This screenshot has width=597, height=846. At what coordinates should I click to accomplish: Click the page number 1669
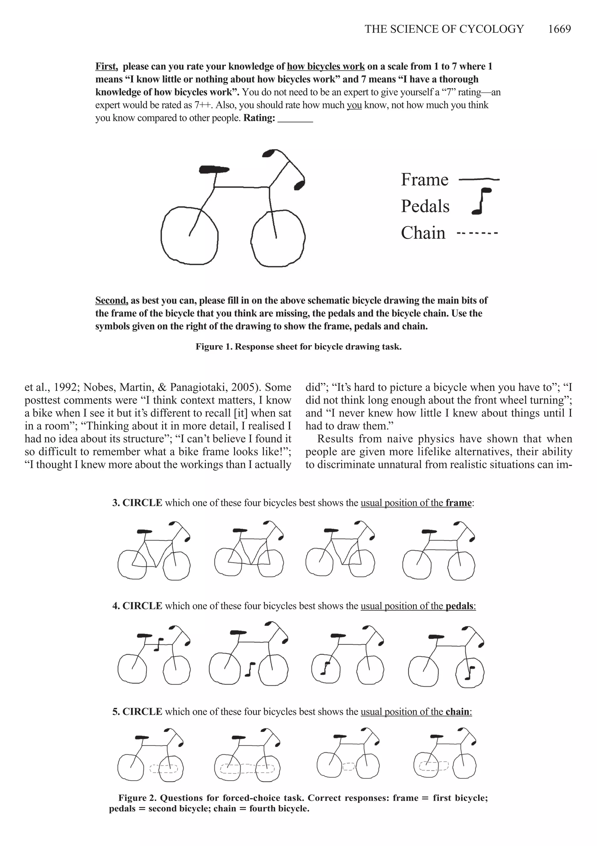click(559, 29)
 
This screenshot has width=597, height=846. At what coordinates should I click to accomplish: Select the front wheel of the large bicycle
click(279, 238)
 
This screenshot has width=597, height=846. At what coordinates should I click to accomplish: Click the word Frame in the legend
click(424, 180)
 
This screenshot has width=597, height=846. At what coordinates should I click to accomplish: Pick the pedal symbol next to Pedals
click(481, 201)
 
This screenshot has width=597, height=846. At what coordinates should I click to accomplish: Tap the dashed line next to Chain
click(477, 233)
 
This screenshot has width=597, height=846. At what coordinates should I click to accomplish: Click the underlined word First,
click(106, 67)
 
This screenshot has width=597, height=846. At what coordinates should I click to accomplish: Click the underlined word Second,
click(111, 300)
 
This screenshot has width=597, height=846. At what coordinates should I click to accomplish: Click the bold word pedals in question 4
click(459, 606)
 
